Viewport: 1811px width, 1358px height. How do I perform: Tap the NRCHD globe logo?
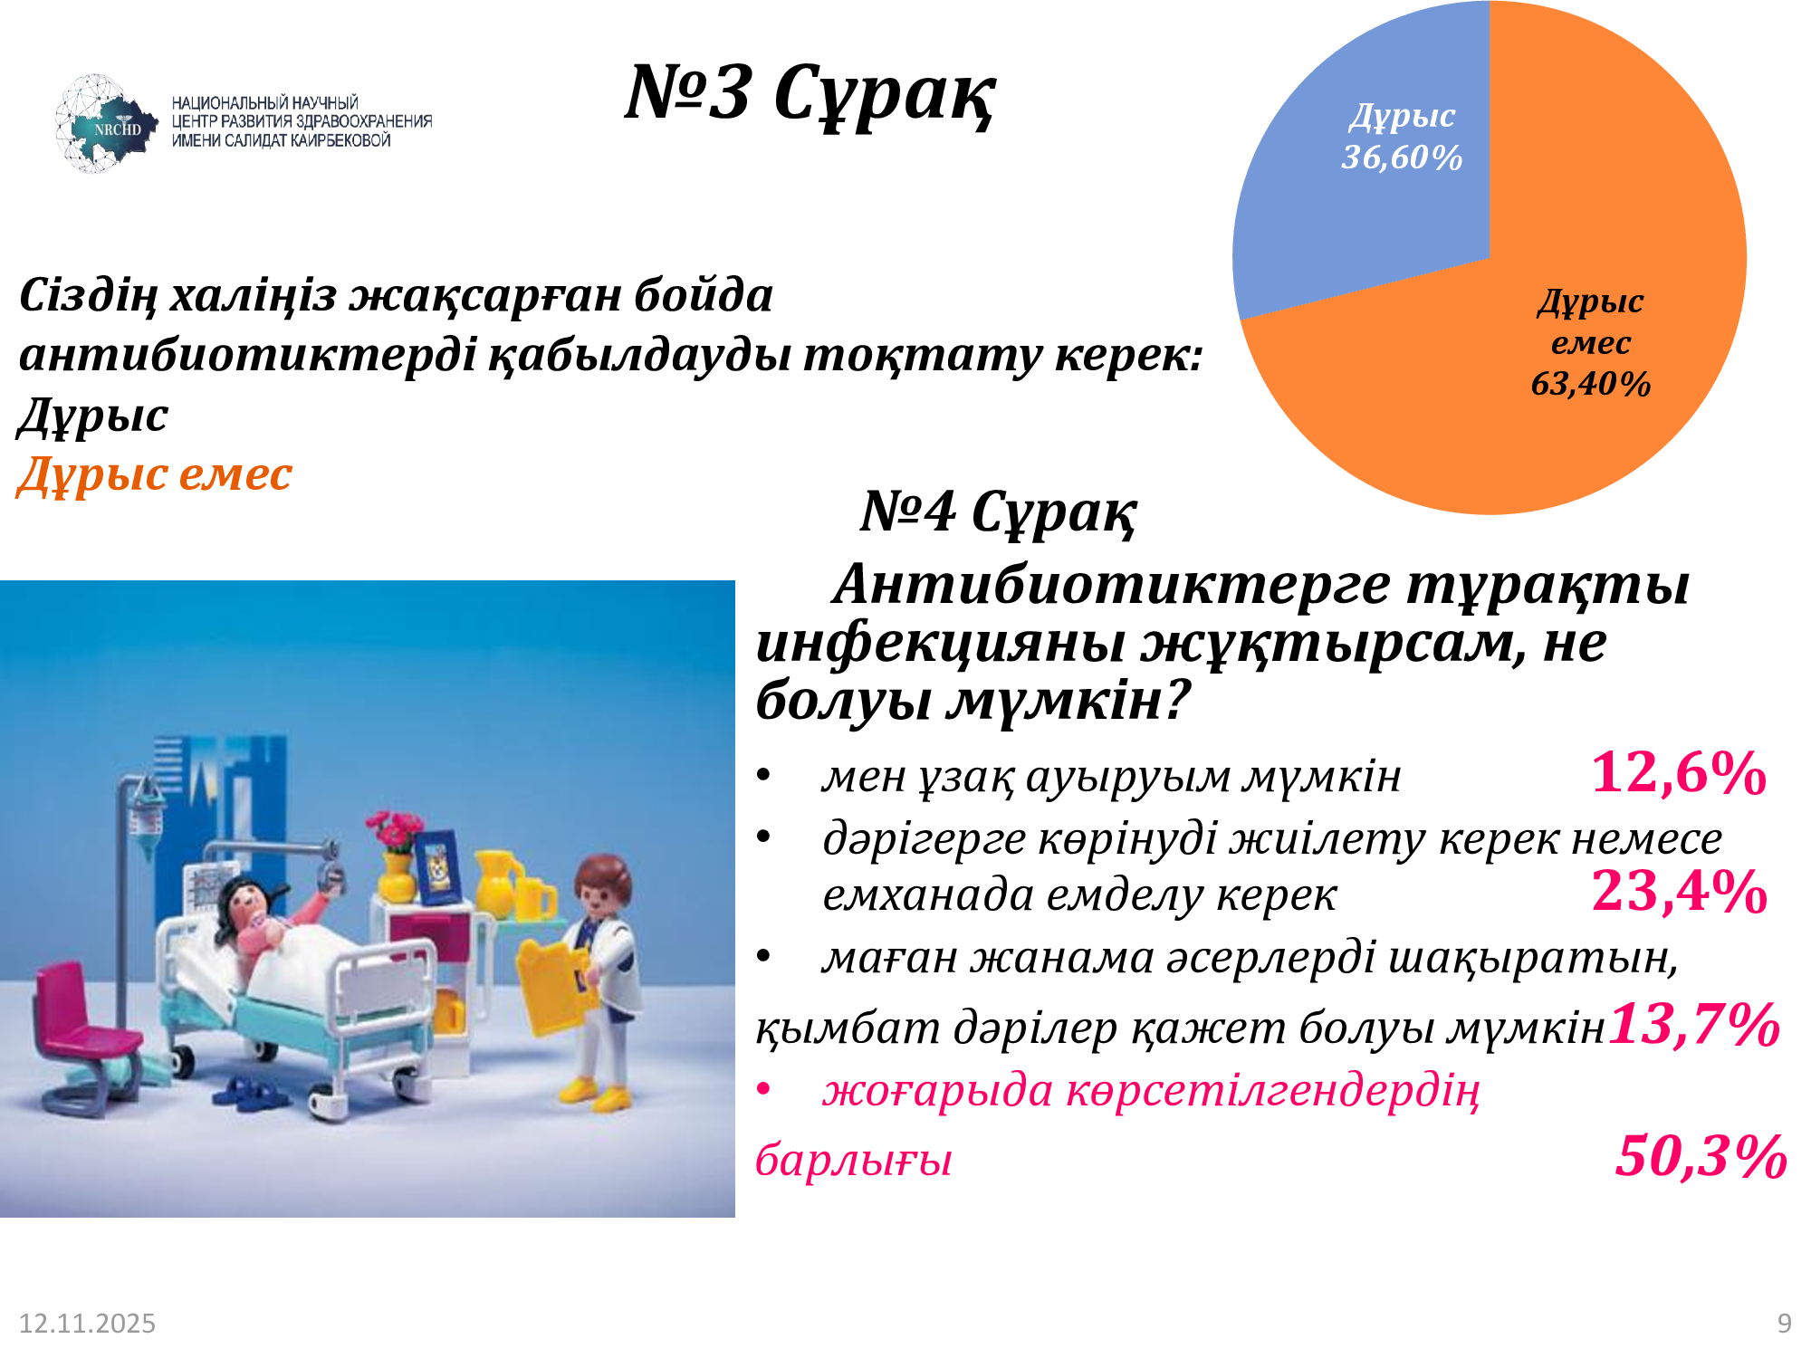pos(104,124)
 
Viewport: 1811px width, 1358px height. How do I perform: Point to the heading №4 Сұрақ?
pos(998,512)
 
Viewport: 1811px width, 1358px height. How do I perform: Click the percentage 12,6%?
pos(1679,773)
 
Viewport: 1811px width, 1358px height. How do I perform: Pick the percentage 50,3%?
pos(1701,1156)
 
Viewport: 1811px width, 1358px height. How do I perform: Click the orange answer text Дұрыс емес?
pos(155,474)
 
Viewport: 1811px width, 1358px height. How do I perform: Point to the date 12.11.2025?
pos(87,1324)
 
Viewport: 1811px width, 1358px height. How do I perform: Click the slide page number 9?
pos(1785,1324)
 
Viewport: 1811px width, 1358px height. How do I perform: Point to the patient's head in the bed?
pos(244,902)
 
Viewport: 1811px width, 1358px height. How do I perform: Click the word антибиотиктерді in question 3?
pos(247,355)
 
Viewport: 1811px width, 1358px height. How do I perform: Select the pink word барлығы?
pos(854,1160)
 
